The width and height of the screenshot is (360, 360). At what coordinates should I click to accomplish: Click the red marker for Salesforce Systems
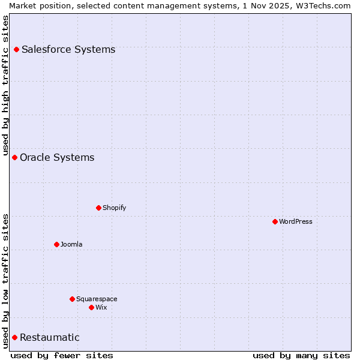(x=17, y=49)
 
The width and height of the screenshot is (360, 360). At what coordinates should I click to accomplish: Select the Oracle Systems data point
(x=15, y=157)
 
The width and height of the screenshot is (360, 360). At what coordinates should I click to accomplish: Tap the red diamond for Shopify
(x=99, y=208)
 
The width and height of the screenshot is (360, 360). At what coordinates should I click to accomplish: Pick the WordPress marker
(x=275, y=221)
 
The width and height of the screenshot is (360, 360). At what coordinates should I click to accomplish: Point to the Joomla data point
(x=57, y=244)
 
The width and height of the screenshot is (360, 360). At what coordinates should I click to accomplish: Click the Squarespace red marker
(x=73, y=299)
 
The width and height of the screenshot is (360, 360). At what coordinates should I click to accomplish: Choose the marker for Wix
(x=92, y=307)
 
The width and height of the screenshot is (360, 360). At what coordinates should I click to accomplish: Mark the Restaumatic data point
(x=15, y=337)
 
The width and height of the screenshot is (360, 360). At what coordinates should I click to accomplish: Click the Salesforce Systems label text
(x=68, y=49)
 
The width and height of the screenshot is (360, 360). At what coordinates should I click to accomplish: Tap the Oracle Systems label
(x=57, y=157)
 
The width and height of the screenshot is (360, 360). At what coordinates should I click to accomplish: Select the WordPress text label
(x=296, y=221)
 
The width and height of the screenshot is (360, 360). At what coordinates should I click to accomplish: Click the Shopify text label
(x=115, y=208)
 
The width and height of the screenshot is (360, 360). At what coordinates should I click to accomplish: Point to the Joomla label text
(x=71, y=244)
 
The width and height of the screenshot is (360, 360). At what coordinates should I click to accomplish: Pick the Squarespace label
(x=97, y=299)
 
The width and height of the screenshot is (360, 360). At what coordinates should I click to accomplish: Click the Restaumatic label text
(x=50, y=337)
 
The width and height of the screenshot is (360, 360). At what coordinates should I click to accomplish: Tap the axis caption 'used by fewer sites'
(x=62, y=355)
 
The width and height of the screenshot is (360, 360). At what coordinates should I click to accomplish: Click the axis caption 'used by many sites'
(x=301, y=355)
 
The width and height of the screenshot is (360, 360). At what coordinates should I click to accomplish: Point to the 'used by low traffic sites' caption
(x=5, y=280)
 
